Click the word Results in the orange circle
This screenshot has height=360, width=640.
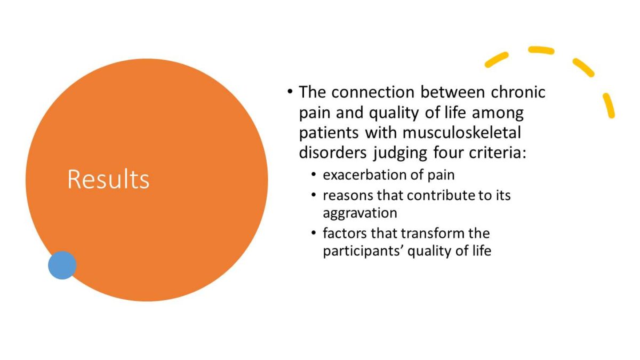coord(108,179)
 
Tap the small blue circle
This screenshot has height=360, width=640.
coord(62,265)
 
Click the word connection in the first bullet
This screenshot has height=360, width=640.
coord(373,92)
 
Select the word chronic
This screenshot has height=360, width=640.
coord(518,92)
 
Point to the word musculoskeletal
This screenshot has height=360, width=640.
coord(462,133)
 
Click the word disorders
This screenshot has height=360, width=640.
coord(333,153)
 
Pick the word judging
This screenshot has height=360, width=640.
coord(401,153)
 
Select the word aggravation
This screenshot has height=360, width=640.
coord(360,213)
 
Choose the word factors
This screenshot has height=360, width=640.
coord(345,234)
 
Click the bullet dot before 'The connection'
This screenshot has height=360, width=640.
coord(290,92)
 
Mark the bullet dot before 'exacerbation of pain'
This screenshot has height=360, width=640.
coord(314,174)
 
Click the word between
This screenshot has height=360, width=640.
coord(453,92)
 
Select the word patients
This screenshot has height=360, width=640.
coord(329,133)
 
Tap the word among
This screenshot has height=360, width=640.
coord(498,113)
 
